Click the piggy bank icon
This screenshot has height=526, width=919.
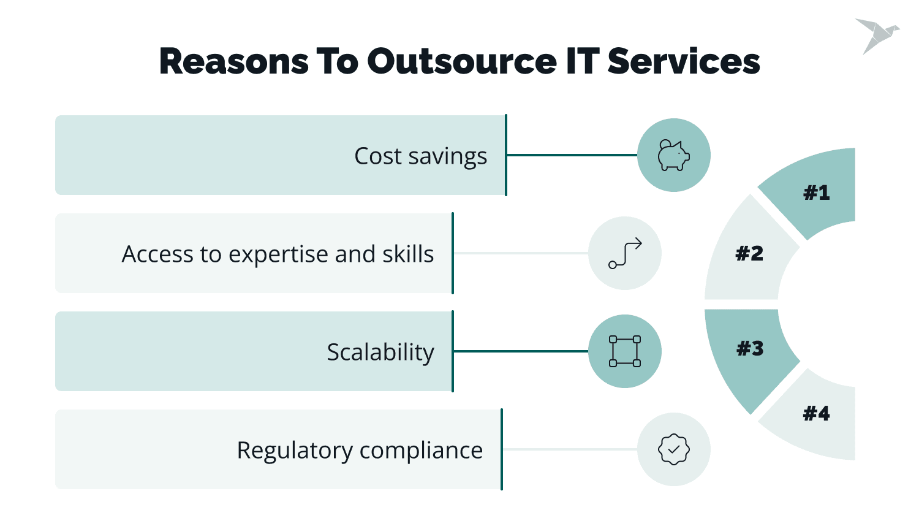point(673,155)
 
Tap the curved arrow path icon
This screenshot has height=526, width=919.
point(625,253)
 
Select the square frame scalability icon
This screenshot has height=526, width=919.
point(625,351)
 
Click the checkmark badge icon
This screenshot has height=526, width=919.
point(673,449)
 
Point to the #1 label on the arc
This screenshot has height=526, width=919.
point(816,193)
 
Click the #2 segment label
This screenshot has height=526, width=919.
point(749,253)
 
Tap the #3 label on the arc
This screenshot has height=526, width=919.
point(750,349)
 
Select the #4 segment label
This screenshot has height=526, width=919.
point(816,414)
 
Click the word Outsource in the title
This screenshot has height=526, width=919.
point(461,61)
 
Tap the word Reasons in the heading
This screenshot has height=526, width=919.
point(233,61)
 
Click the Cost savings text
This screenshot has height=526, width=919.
point(420,156)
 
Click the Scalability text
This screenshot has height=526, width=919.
point(380,353)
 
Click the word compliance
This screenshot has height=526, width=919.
point(421,451)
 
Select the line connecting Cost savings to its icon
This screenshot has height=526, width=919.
point(572,155)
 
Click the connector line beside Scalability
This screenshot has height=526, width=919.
point(521,351)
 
